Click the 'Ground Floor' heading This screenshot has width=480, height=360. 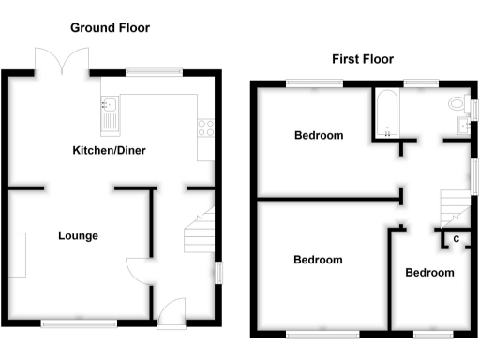point(111,28)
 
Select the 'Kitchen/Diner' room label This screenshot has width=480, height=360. point(110,150)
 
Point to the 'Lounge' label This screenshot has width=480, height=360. point(78,235)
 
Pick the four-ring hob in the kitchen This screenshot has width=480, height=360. point(205,129)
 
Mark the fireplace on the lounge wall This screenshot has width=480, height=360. point(19,253)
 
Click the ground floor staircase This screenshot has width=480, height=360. point(199,232)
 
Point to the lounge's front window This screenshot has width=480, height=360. point(79,324)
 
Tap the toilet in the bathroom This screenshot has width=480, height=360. point(458,103)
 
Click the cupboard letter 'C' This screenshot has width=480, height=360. point(456,239)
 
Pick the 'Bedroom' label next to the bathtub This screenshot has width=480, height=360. point(319,136)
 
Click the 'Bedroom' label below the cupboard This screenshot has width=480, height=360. point(429,273)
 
